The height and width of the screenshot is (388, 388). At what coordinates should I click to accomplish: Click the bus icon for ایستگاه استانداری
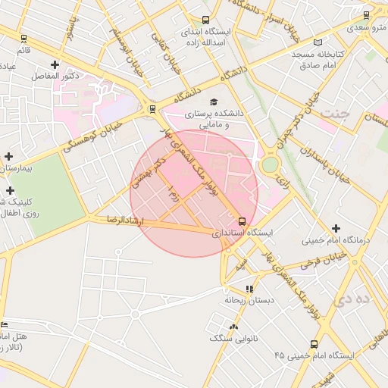tap(242, 221)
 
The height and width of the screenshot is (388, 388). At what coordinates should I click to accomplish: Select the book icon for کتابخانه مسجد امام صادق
tap(318, 42)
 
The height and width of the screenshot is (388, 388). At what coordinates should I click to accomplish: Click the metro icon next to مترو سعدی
tap(367, 14)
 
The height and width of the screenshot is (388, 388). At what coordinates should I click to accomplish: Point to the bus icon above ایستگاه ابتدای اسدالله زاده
tap(205, 20)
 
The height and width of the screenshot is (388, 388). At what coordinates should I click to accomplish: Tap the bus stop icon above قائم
tap(23, 38)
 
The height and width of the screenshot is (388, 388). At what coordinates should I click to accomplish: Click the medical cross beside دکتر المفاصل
tap(55, 64)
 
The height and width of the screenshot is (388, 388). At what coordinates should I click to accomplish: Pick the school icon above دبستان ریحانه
tap(249, 288)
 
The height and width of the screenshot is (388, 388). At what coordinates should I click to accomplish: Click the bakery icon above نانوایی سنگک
tap(233, 327)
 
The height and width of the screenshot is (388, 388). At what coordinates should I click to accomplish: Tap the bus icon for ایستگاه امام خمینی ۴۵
tap(314, 344)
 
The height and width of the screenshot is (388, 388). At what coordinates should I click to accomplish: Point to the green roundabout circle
tap(270, 164)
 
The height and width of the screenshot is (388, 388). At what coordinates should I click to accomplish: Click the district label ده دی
tap(356, 299)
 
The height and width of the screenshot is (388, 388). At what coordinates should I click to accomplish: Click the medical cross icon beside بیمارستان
tap(8, 155)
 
